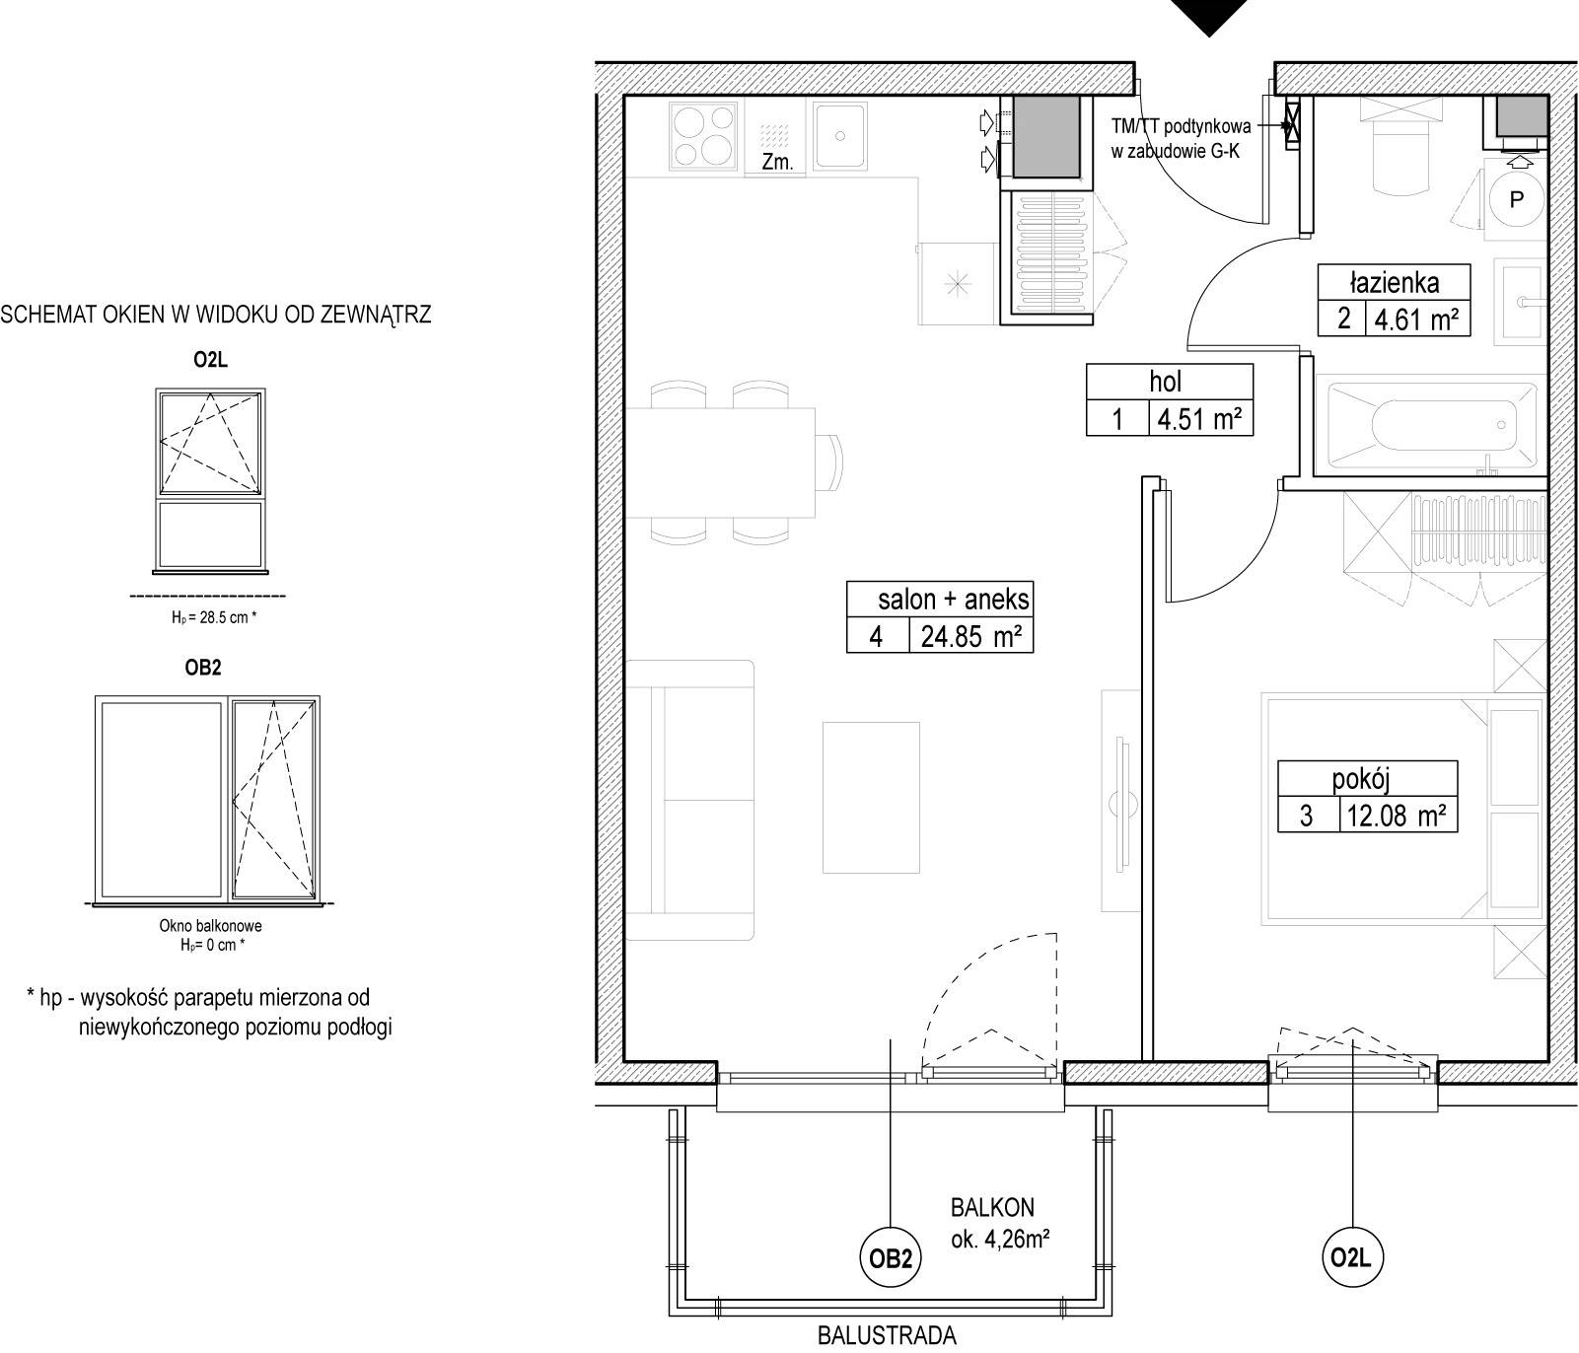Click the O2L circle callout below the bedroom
(x=1351, y=1257)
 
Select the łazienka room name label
(x=1395, y=283)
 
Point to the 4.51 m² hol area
(x=1199, y=419)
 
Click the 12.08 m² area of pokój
(x=1396, y=816)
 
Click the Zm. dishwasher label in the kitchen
(x=777, y=163)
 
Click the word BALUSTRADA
(x=887, y=1336)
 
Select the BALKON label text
(x=992, y=1207)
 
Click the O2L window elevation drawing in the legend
(x=210, y=481)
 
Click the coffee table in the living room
(x=872, y=797)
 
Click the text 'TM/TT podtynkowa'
(x=1181, y=126)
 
